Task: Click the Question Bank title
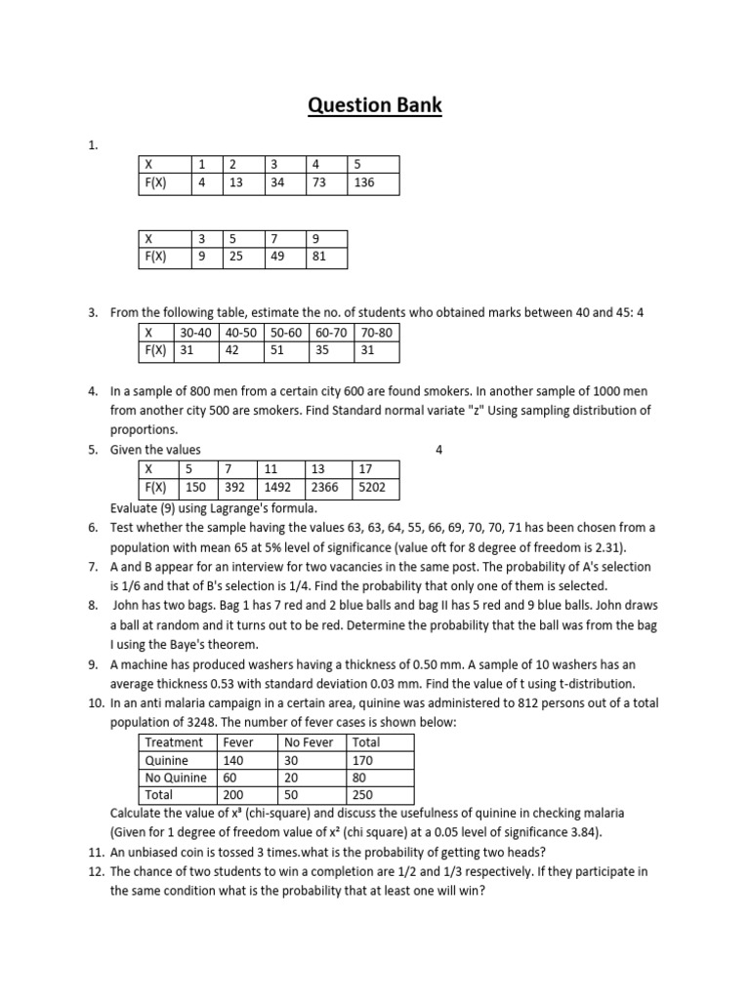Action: [375, 104]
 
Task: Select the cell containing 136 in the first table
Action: [373, 182]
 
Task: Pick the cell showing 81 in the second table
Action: [324, 257]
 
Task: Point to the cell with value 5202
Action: [375, 488]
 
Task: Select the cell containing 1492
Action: [279, 488]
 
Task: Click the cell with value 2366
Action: [327, 488]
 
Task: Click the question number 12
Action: [96, 870]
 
